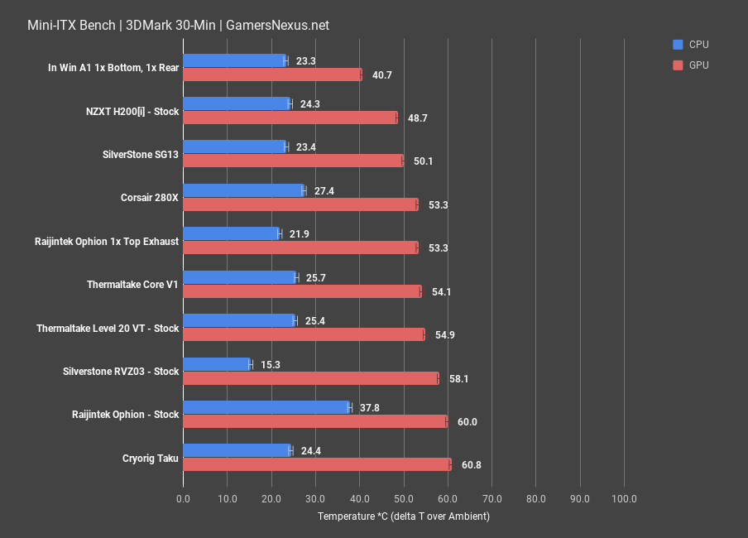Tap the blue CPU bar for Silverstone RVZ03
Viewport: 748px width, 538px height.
pos(216,363)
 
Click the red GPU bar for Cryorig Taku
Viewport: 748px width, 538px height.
pos(316,464)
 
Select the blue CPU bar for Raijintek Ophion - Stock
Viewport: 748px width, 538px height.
pos(266,407)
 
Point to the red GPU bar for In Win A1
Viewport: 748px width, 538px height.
pos(272,74)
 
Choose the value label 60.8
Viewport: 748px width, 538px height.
pos(471,465)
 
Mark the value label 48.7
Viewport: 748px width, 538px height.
pos(417,118)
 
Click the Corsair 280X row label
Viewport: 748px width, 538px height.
pos(149,198)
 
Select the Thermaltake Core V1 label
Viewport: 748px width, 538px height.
pos(132,285)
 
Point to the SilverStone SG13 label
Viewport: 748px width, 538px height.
pos(140,155)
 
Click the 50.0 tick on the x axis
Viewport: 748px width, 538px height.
pos(403,499)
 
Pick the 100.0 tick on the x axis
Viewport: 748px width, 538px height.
pos(623,499)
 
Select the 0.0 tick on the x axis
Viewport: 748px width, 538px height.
pos(183,499)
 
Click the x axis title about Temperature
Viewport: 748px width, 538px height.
pos(403,516)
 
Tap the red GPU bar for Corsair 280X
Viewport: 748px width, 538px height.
pos(300,204)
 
